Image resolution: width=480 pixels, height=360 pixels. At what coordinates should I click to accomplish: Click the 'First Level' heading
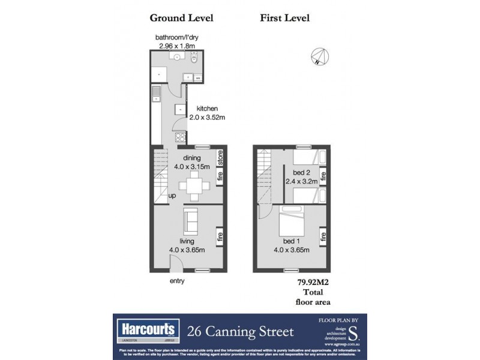[x=284, y=18]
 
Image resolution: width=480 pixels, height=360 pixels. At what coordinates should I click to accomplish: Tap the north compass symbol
[x=319, y=56]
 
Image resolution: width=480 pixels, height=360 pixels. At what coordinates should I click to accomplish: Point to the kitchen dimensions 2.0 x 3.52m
[x=207, y=117]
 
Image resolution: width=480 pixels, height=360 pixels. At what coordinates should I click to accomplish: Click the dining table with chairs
[x=193, y=186]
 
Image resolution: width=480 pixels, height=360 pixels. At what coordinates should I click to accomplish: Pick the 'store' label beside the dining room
[x=220, y=158]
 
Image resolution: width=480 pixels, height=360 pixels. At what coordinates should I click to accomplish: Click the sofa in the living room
[x=190, y=221]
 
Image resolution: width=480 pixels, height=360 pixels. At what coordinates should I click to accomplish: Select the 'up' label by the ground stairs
[x=172, y=196]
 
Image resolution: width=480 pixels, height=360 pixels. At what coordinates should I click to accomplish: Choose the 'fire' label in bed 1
[x=323, y=236]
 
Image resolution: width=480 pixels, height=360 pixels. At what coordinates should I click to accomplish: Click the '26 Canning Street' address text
[x=241, y=331]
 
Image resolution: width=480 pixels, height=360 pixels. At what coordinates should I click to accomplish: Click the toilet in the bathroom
[x=193, y=59]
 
